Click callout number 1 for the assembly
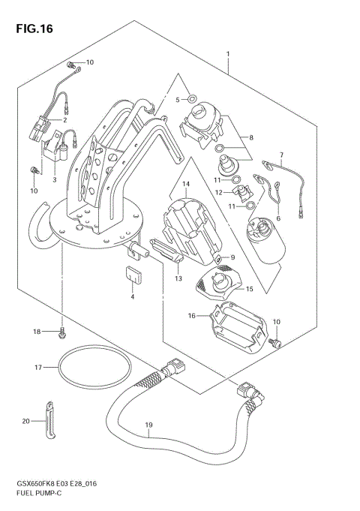(228, 54)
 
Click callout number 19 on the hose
(149, 425)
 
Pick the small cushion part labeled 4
(133, 275)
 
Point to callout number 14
(185, 184)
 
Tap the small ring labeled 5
(192, 98)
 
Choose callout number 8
(251, 138)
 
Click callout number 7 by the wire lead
(281, 156)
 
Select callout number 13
(178, 278)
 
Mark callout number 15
(250, 288)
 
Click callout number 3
(55, 180)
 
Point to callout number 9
(232, 258)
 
